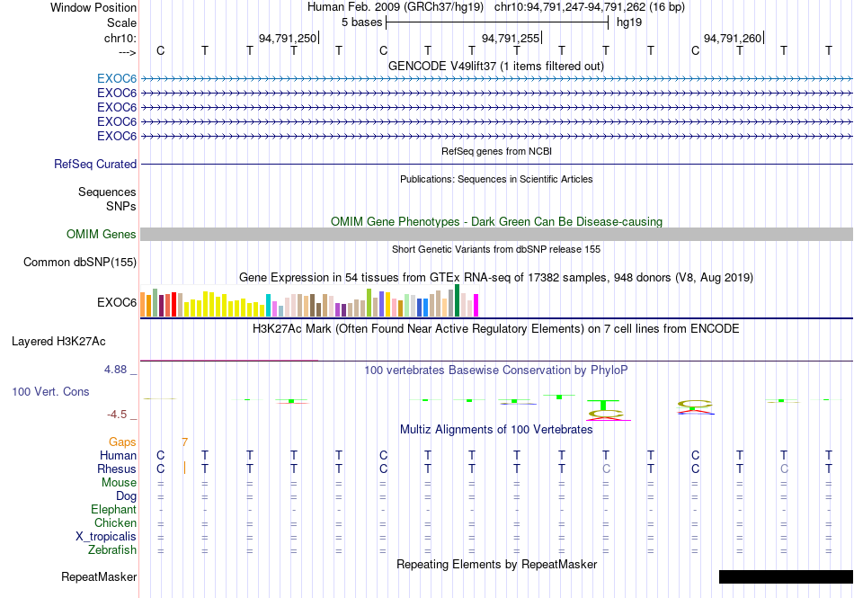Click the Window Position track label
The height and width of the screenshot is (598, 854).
(x=93, y=7)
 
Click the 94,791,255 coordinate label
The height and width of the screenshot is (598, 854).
(x=511, y=38)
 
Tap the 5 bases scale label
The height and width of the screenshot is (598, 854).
(x=361, y=22)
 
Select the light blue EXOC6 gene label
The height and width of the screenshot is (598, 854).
(x=117, y=79)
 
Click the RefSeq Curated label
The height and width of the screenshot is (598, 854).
(x=95, y=164)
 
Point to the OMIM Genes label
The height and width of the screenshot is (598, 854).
(x=102, y=234)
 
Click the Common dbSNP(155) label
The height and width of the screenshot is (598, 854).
(x=80, y=262)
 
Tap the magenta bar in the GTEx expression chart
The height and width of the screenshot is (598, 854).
(x=476, y=306)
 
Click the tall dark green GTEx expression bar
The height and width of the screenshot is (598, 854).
(x=457, y=300)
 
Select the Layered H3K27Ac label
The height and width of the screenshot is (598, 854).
(x=58, y=342)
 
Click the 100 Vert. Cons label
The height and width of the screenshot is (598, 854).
(x=50, y=391)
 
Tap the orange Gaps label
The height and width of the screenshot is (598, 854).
(x=122, y=442)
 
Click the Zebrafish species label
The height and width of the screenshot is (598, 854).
(x=112, y=550)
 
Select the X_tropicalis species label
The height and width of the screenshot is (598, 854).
(x=106, y=537)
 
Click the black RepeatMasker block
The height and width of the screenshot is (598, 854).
(x=786, y=576)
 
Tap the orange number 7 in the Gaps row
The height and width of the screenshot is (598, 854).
(x=185, y=442)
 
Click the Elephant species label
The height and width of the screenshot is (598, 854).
(x=113, y=509)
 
